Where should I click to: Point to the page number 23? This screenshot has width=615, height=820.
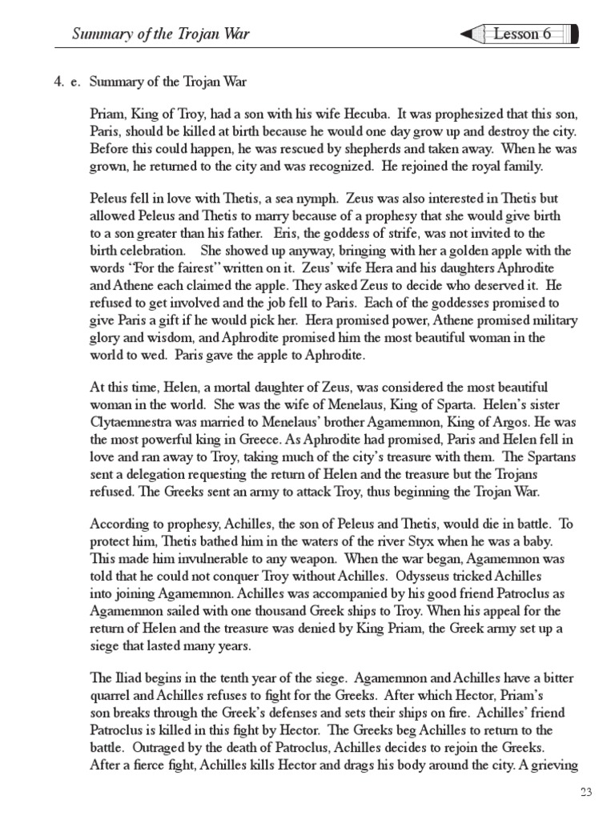click(x=586, y=793)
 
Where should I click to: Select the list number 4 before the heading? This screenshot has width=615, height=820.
click(x=58, y=82)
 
